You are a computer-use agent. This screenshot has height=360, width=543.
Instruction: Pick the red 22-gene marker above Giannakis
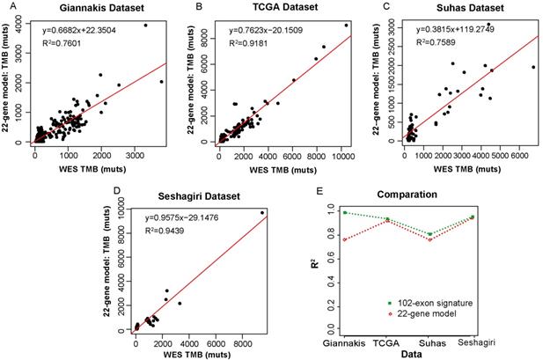click(x=345, y=239)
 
